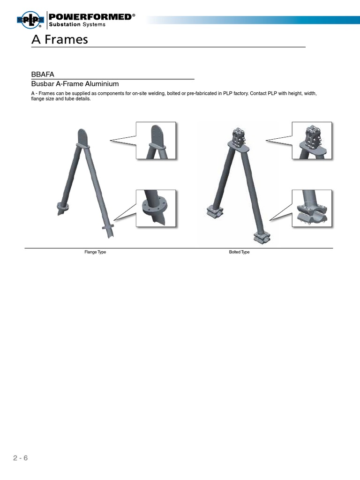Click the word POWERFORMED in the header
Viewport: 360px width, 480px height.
coord(90,16)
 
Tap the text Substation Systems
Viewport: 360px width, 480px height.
coord(77,24)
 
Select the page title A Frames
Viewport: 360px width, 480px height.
coord(60,40)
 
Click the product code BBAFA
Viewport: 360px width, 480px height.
coord(42,74)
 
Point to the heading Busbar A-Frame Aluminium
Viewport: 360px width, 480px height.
coord(75,84)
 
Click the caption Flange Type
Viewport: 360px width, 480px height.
coord(95,252)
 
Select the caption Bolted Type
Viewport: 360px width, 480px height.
coord(239,252)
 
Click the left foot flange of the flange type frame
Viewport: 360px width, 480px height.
coord(62,206)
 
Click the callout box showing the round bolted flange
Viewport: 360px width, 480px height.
coord(156,209)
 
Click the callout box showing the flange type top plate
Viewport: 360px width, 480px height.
coord(156,141)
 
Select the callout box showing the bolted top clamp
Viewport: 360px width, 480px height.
coord(312,141)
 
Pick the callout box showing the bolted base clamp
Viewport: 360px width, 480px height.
coord(312,209)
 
